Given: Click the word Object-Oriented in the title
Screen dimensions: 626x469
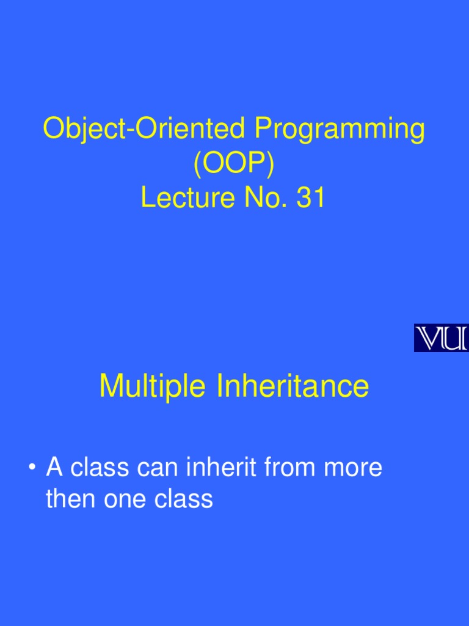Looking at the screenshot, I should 145,130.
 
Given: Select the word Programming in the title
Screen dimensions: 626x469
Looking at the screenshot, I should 340,130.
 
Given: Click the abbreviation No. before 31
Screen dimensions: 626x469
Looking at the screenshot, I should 262,198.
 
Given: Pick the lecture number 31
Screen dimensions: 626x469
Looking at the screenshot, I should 310,198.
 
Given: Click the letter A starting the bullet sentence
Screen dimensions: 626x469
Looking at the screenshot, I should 55,468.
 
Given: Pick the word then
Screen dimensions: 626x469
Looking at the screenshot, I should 70,499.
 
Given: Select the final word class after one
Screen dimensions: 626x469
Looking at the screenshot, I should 183,499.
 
